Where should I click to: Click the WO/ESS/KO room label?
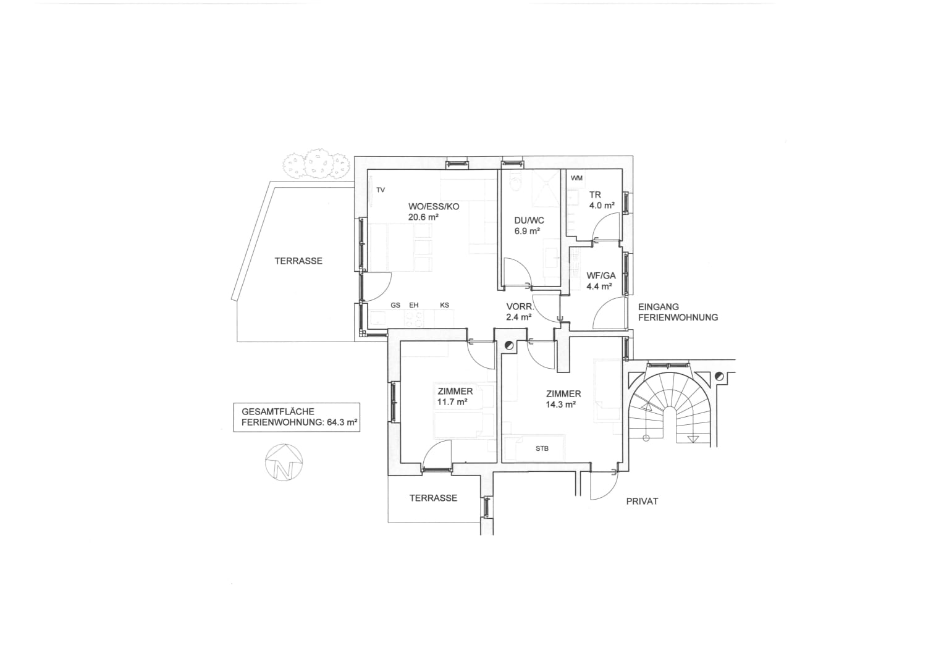click(x=434, y=206)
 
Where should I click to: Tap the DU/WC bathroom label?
click(x=529, y=220)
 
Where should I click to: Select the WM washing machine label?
click(x=576, y=178)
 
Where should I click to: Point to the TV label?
click(x=381, y=190)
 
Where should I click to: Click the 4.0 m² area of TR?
click(x=602, y=206)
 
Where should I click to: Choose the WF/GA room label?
click(x=601, y=275)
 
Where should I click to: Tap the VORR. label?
click(x=520, y=307)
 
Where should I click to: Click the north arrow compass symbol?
click(x=284, y=462)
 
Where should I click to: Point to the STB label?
click(x=542, y=449)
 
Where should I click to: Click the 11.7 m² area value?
click(x=452, y=402)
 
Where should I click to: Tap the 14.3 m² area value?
click(x=561, y=405)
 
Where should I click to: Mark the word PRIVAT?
click(x=643, y=501)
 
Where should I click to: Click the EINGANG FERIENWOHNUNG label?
click(x=678, y=313)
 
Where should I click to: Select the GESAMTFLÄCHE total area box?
click(x=297, y=417)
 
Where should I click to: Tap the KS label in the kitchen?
click(x=445, y=306)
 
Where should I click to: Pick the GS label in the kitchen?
click(x=395, y=306)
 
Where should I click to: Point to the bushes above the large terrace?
click(x=316, y=164)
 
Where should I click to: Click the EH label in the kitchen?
click(x=414, y=306)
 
